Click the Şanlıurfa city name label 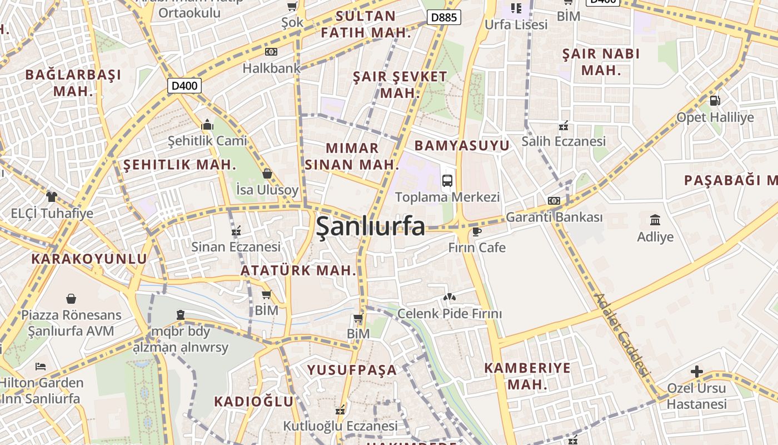click(371, 226)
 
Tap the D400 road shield click(184, 86)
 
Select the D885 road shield click(444, 17)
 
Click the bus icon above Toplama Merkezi click(447, 180)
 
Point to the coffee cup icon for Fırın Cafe click(476, 231)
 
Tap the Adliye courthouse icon click(655, 220)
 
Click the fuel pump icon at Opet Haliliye click(715, 101)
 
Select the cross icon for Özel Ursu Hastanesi click(696, 372)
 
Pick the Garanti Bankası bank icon click(554, 200)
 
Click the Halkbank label click(271, 68)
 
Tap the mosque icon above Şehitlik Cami click(207, 124)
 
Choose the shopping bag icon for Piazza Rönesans click(71, 299)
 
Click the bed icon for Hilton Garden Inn click(41, 366)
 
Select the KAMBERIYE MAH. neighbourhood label click(527, 376)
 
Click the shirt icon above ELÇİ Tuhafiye click(52, 196)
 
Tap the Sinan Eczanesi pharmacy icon click(236, 230)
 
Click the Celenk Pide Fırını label click(449, 314)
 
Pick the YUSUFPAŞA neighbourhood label click(352, 370)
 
